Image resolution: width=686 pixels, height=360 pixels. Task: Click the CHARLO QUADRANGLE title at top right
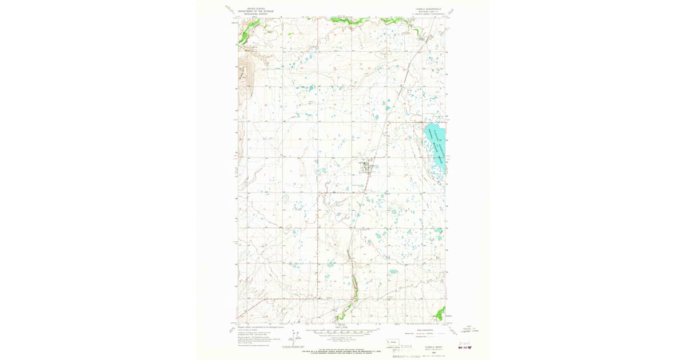pyautogui.click(x=429, y=9)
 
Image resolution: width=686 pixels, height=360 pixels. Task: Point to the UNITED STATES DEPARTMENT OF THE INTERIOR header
pyautogui.click(x=256, y=11)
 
